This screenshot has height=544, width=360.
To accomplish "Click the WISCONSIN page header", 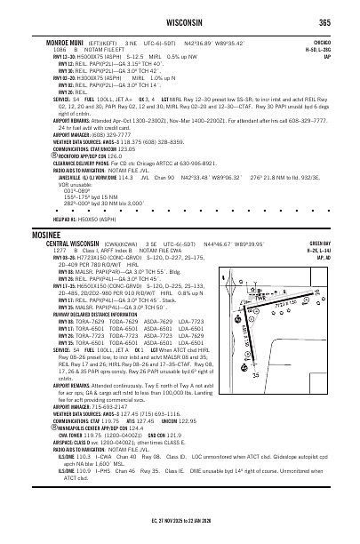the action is point(180,23).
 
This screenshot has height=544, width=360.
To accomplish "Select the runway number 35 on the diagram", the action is point(281,350).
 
